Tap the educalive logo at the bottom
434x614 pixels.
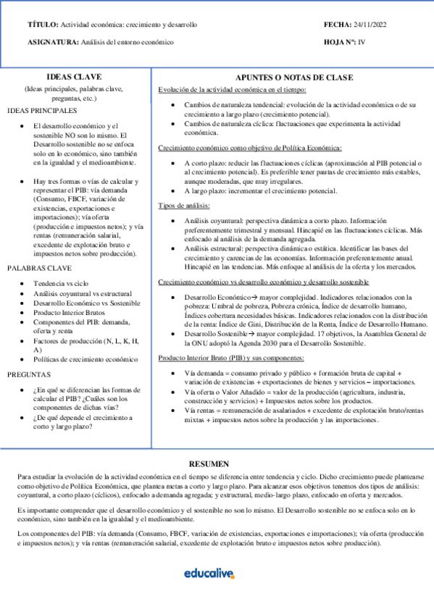[x=209, y=573]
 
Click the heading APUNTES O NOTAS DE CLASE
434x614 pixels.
[x=294, y=77]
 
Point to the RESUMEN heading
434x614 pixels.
[x=209, y=464]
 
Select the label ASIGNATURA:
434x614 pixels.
[x=53, y=42]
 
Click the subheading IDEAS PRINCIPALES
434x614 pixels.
[x=41, y=111]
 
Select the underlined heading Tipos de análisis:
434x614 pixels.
[x=184, y=206]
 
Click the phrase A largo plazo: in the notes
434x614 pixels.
[x=205, y=191]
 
